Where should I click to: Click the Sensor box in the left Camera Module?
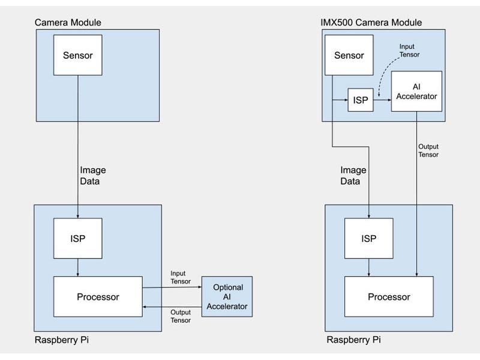pos(77,55)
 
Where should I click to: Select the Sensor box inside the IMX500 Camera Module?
pos(349,55)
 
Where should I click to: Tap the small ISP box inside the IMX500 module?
pos(360,100)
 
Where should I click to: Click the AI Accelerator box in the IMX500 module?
pos(416,91)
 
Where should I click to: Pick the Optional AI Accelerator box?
pos(227,297)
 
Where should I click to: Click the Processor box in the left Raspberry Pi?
pos(98,296)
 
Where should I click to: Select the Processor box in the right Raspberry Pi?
pos(389,297)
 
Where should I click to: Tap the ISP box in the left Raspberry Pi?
pos(77,238)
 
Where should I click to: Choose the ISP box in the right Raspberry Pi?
pos(368,238)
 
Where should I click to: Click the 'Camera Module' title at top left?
pos(68,22)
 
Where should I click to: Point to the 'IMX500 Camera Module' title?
pos(371,22)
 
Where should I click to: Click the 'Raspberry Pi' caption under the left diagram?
pos(62,340)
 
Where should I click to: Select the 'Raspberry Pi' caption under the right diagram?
pos(353,340)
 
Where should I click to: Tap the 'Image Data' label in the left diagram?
pos(93,175)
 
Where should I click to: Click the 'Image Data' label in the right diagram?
pos(353,175)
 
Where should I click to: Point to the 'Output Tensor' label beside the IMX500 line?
pos(428,151)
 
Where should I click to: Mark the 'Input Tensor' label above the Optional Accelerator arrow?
pos(181,277)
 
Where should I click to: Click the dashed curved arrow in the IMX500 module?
pos(385,75)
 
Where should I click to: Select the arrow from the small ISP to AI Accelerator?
pos(382,100)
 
